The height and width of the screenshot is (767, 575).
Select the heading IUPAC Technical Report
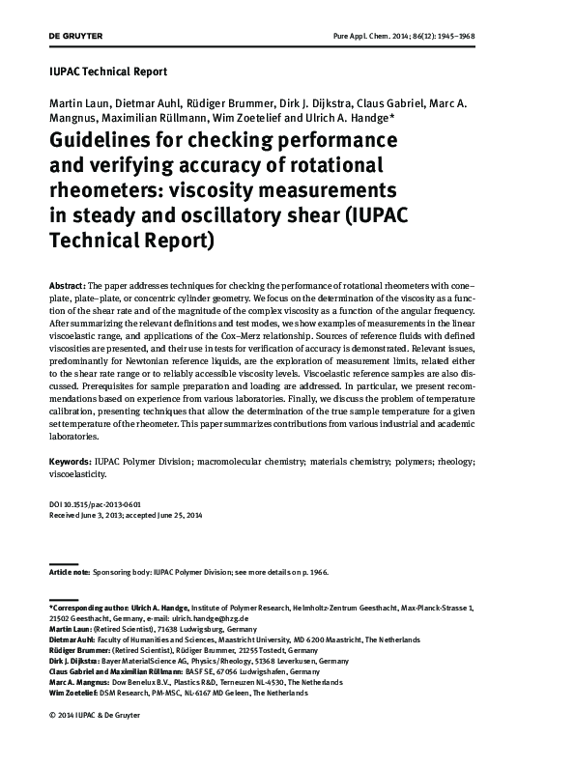107,71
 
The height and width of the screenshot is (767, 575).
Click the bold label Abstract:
67,289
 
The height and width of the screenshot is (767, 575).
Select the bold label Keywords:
70,464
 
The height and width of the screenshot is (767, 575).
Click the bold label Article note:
69,573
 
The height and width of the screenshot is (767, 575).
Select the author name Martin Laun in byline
77,103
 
